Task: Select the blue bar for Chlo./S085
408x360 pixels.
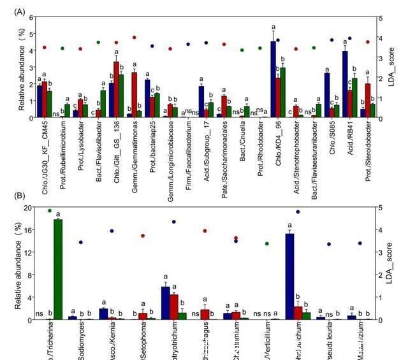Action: coord(327,95)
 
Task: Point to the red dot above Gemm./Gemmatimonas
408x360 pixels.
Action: coord(134,38)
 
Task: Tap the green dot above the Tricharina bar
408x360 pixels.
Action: coord(50,210)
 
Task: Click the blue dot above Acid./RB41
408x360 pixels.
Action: coord(349,38)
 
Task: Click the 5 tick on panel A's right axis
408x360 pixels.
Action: coord(381,18)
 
